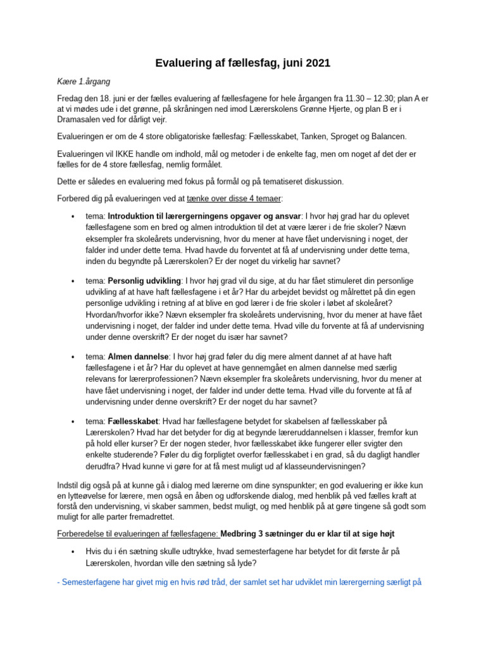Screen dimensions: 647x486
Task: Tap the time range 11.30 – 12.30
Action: click(336, 99)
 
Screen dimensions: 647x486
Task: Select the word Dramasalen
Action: click(82, 122)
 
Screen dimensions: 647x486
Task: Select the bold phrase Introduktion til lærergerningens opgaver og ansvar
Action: click(205, 216)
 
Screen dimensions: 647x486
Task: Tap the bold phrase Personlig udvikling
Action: click(144, 279)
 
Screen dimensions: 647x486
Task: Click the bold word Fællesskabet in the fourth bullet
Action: click(133, 421)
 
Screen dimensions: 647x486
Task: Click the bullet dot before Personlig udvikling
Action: click(74, 280)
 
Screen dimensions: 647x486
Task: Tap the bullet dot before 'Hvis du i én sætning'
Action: click(74, 552)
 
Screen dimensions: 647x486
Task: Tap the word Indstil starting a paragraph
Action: click(70, 485)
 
